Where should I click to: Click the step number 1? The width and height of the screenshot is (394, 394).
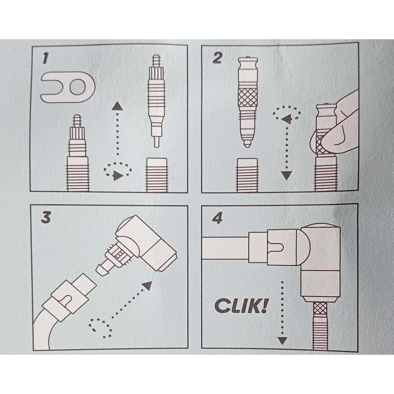(x=45, y=58)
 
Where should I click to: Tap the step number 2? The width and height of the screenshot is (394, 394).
(x=217, y=58)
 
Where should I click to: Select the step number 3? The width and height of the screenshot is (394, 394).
(x=46, y=217)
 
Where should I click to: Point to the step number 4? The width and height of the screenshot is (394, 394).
(x=217, y=219)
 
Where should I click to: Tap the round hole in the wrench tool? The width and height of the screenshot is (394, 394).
(x=77, y=87)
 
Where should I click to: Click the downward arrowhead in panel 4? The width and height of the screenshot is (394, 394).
(x=283, y=340)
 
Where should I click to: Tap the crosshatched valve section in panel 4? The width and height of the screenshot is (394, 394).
(x=320, y=310)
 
